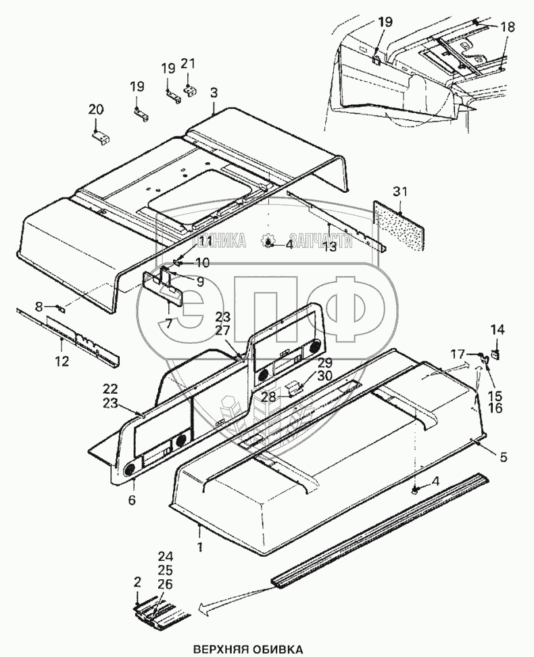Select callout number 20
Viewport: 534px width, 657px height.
(96, 110)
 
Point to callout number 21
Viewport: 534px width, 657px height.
(188, 64)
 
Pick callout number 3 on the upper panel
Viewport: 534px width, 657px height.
(213, 91)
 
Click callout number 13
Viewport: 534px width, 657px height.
(329, 247)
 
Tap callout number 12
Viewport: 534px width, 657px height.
(62, 361)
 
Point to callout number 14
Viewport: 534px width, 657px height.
(497, 330)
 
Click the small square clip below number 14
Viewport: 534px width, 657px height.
(496, 353)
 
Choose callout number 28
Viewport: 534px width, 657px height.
(269, 397)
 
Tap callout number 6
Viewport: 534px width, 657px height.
(132, 501)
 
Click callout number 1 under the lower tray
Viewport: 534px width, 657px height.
(199, 545)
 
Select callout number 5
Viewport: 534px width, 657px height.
(502, 457)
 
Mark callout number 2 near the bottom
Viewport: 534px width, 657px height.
(137, 581)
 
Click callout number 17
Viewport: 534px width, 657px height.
(458, 353)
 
